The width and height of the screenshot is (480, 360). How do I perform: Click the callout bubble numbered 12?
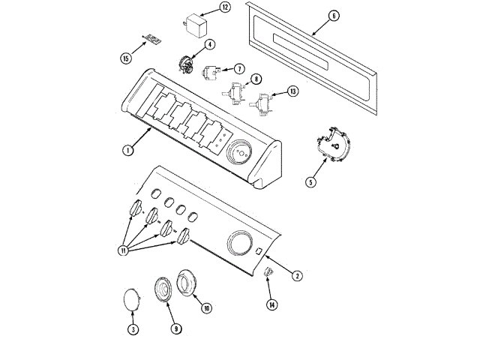tap(225, 7)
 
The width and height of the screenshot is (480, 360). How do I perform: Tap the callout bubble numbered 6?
tap(334, 15)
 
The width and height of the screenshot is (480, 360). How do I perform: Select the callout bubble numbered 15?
tap(125, 58)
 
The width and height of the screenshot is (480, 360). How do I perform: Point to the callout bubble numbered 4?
tap(210, 44)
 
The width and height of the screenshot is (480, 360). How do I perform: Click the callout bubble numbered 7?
tap(238, 68)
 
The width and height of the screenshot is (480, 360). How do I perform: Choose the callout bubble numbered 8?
tap(256, 79)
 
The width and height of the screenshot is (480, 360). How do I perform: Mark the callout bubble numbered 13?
tap(292, 91)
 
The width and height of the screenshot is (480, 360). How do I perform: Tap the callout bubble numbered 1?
tap(128, 150)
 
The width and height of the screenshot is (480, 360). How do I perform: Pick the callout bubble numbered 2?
tap(297, 275)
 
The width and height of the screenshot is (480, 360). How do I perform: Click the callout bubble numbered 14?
tap(271, 304)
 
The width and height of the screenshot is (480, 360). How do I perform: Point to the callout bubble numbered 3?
tap(133, 328)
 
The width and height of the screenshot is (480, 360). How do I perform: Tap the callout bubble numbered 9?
tap(176, 328)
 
